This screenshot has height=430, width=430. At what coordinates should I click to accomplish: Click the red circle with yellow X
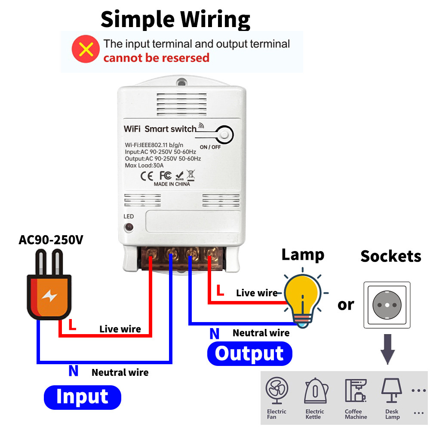86,49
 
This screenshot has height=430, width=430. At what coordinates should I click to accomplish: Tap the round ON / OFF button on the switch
224,135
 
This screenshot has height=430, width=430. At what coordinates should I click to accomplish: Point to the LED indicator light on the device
129,227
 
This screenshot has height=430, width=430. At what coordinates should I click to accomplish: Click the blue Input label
82,397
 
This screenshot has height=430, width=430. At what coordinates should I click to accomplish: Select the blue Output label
249,353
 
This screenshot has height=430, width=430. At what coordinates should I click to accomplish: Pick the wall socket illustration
387,305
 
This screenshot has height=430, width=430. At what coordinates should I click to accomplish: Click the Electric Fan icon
276,390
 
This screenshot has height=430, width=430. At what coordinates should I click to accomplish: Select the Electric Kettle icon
316,390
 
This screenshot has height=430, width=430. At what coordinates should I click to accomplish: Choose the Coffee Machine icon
356,390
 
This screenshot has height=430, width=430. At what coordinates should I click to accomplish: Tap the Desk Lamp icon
392,390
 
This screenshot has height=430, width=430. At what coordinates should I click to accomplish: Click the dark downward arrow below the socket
387,349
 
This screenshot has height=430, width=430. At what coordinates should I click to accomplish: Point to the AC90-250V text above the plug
51,240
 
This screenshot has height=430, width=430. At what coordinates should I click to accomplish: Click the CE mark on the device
147,176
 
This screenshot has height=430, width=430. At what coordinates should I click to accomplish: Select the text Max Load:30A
144,166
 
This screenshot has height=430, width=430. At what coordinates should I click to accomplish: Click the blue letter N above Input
74,371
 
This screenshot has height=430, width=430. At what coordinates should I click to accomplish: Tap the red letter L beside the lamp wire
220,290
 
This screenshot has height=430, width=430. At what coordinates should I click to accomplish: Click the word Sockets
391,256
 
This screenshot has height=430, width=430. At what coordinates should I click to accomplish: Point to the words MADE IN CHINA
172,184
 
